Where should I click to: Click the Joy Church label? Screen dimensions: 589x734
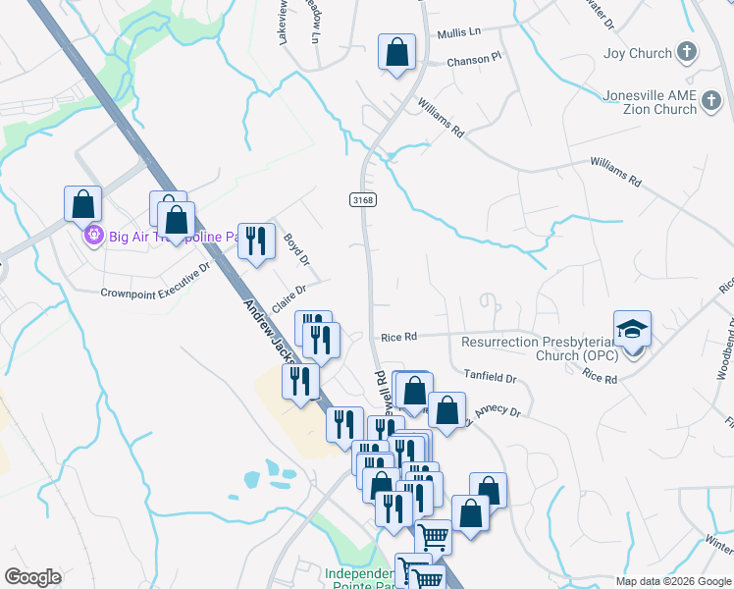tap(637, 54)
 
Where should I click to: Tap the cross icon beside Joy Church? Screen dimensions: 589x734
tap(687, 54)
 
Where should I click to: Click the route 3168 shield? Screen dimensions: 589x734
tap(362, 199)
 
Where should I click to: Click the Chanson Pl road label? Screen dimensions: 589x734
tap(474, 59)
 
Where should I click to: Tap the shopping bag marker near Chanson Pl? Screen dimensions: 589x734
tap(396, 53)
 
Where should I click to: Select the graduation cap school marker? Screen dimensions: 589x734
tap(633, 329)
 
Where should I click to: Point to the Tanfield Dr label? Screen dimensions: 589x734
tap(491, 377)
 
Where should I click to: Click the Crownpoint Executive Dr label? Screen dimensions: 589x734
tap(156, 280)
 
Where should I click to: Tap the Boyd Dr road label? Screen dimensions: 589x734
tap(296, 248)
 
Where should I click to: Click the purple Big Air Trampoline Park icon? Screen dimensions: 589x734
tap(93, 236)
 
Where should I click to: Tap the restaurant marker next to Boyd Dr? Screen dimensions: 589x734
tap(256, 241)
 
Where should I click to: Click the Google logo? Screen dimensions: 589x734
tap(32, 577)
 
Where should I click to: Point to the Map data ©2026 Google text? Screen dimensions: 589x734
tap(673, 581)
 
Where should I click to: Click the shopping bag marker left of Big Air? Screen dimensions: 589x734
tap(83, 204)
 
